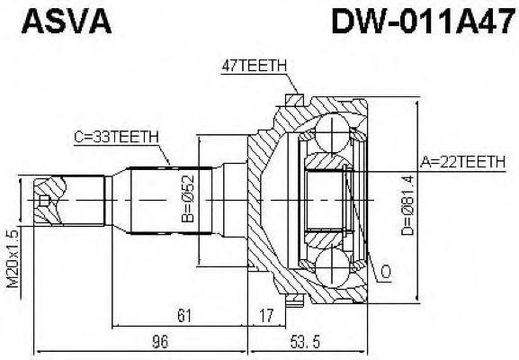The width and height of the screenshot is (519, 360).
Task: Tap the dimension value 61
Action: [x=183, y=315]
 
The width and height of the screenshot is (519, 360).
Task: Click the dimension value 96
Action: [x=160, y=342]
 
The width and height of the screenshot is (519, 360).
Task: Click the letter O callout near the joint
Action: [x=386, y=271]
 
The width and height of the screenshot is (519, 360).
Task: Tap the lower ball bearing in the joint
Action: [x=336, y=266]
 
